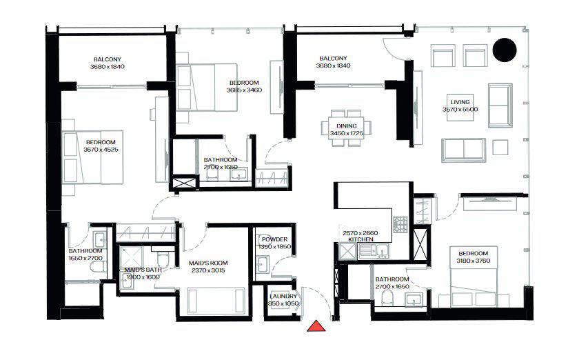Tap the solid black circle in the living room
click(506, 49)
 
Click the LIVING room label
click(460, 101)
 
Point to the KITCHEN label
click(360, 241)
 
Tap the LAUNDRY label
click(283, 296)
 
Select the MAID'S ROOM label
click(207, 263)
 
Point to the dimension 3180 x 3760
click(473, 261)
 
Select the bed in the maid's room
click(214, 300)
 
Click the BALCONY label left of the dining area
click(334, 58)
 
